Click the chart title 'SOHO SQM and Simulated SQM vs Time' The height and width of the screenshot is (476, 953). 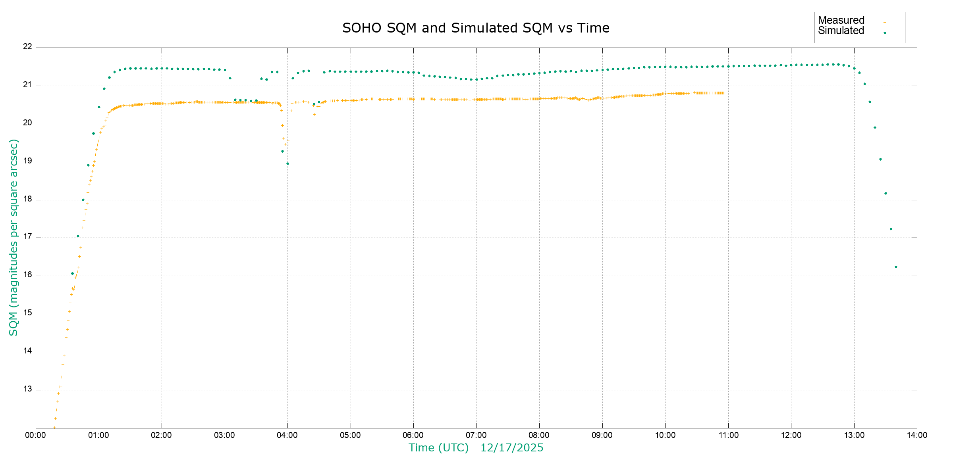pyautogui.click(x=476, y=28)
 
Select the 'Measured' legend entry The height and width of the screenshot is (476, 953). pyautogui.click(x=841, y=20)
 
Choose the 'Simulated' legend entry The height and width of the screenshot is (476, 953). pyautogui.click(x=841, y=31)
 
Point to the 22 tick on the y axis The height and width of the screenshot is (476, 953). pyautogui.click(x=27, y=47)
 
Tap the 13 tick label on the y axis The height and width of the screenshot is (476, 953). pyautogui.click(x=27, y=389)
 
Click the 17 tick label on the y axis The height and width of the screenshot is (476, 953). pyautogui.click(x=27, y=237)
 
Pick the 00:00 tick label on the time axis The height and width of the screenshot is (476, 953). pyautogui.click(x=36, y=435)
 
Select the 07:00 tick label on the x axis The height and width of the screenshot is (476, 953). pyautogui.click(x=476, y=435)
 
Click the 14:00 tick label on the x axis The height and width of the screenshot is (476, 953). pyautogui.click(x=917, y=435)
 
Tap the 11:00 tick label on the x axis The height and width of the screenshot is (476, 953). pyautogui.click(x=728, y=435)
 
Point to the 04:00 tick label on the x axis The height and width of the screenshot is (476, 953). pyautogui.click(x=287, y=435)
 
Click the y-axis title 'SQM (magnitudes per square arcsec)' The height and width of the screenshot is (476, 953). pyautogui.click(x=14, y=237)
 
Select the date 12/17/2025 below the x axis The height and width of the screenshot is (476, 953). pyautogui.click(x=512, y=448)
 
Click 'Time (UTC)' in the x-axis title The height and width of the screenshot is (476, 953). pyautogui.click(x=438, y=448)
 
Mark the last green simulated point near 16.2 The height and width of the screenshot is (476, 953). pyautogui.click(x=896, y=267)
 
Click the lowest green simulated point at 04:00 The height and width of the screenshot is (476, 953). pyautogui.click(x=287, y=163)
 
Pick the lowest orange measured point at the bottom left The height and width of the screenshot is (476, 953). pyautogui.click(x=54, y=428)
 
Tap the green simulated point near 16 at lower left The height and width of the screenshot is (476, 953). pyautogui.click(x=72, y=273)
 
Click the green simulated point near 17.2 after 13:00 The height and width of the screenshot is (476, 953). pyautogui.click(x=891, y=229)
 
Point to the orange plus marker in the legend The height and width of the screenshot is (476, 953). pyautogui.click(x=885, y=22)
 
